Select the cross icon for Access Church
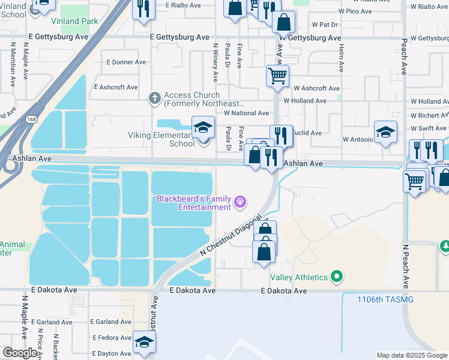pos(154,97)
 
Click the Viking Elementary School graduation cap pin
pos(203,128)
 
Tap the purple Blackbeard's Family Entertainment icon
pos(241,202)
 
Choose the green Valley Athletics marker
pos(337,277)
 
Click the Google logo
pos(20,353)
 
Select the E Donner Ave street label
pos(126,62)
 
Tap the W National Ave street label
pos(246,113)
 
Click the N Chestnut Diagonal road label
pos(231,237)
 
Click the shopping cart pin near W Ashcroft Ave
pos(277,76)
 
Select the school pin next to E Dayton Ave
pos(144,342)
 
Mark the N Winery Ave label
pos(214,63)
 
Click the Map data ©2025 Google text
pos(411,355)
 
